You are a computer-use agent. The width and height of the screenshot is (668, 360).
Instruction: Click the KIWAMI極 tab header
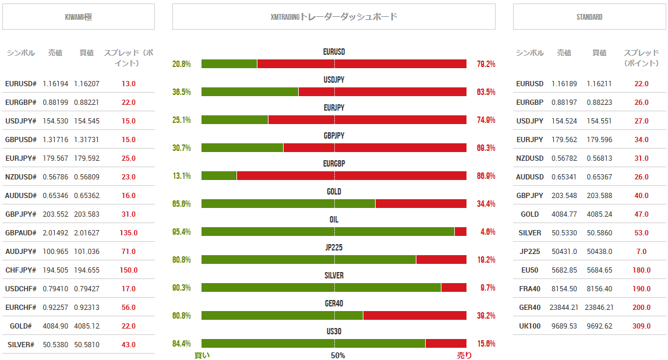click(x=79, y=17)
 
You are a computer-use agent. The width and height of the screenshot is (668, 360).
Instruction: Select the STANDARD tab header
click(x=589, y=17)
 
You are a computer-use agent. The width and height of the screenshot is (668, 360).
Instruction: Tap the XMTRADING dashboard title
click(x=334, y=17)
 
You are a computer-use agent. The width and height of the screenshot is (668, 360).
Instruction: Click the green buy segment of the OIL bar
click(x=328, y=231)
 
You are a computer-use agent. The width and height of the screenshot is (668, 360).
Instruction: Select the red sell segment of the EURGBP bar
click(x=352, y=175)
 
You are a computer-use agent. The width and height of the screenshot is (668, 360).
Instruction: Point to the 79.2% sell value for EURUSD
click(x=486, y=64)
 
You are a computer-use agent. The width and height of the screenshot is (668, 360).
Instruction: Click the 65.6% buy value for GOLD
click(x=182, y=204)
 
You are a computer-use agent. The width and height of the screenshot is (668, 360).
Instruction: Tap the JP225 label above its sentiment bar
click(x=334, y=248)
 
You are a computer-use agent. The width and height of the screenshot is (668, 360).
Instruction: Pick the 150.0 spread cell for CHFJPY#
click(x=128, y=270)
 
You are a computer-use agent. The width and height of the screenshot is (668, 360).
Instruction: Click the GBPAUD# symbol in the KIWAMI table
click(x=21, y=232)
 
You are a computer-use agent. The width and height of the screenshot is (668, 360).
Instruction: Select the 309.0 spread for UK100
click(x=641, y=326)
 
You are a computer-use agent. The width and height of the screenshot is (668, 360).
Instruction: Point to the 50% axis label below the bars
click(x=338, y=355)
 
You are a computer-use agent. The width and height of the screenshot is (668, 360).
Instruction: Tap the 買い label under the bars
click(x=202, y=355)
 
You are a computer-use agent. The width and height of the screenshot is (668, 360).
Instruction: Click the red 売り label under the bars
click(x=464, y=355)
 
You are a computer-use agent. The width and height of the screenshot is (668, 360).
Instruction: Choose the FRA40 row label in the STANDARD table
click(x=530, y=288)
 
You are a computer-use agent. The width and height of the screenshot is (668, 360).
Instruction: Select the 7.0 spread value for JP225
click(x=641, y=251)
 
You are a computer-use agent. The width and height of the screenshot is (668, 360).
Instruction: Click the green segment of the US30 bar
click(x=313, y=343)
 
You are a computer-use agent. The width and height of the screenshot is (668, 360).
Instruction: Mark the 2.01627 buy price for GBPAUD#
click(x=87, y=232)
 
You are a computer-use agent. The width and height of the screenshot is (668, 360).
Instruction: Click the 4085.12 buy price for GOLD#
click(x=87, y=326)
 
